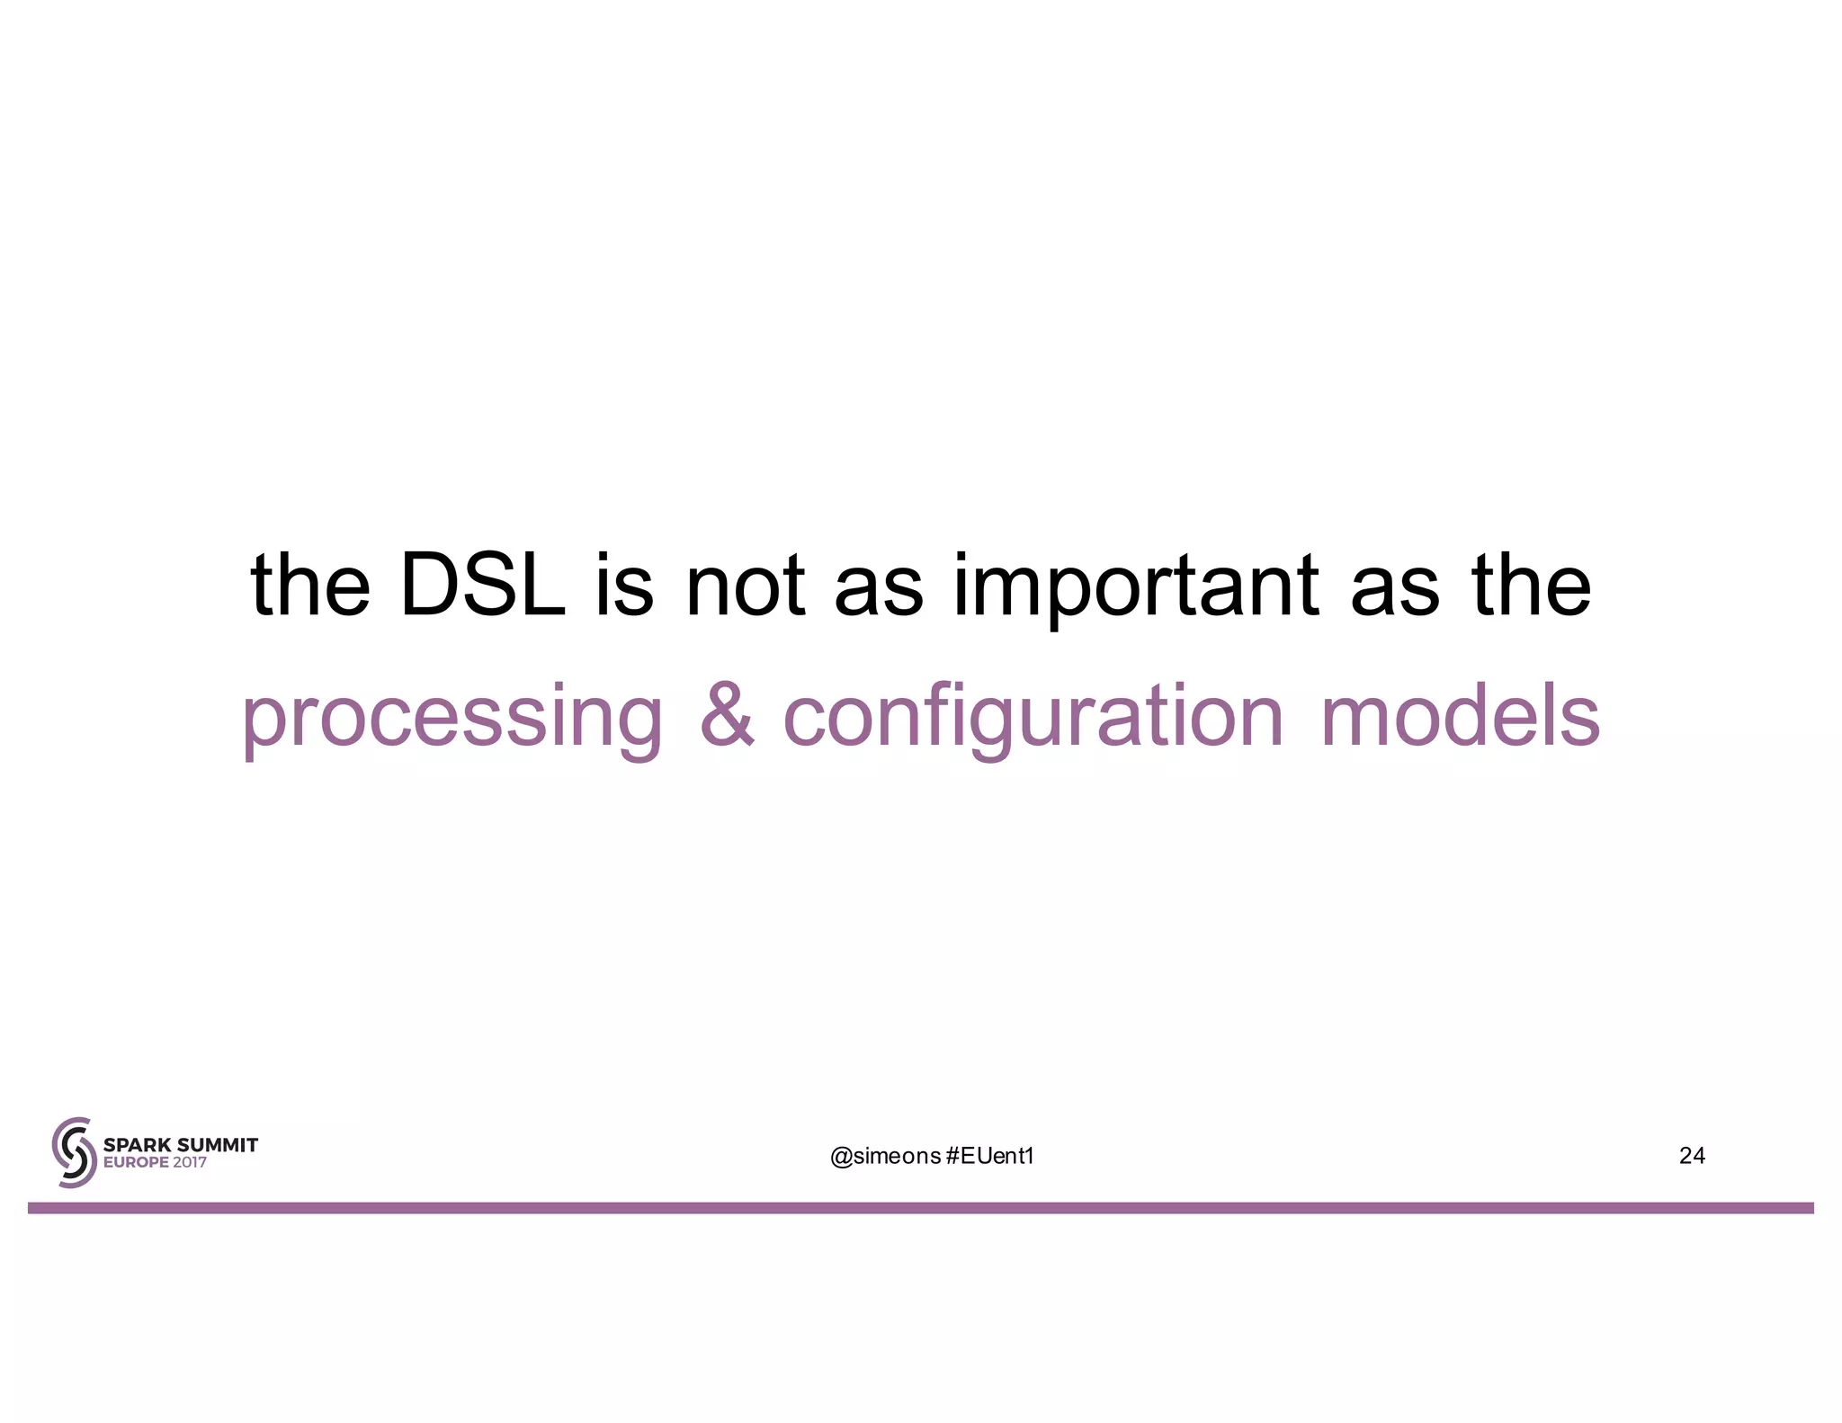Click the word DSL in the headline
(x=482, y=586)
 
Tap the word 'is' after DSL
(x=624, y=586)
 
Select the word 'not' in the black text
(x=745, y=587)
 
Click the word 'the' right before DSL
(x=310, y=586)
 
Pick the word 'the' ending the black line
(x=1531, y=586)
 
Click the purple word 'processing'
(x=452, y=720)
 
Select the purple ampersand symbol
(x=727, y=716)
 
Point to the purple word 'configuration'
(x=1033, y=720)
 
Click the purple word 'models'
(x=1460, y=716)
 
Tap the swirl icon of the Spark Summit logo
(x=74, y=1152)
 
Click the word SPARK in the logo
(x=137, y=1145)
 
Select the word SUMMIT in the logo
(x=217, y=1145)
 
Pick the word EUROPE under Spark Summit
(x=136, y=1162)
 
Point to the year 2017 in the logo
(x=190, y=1162)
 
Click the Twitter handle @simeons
(x=885, y=1156)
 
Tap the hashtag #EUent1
(x=990, y=1156)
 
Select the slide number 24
(x=1692, y=1156)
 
